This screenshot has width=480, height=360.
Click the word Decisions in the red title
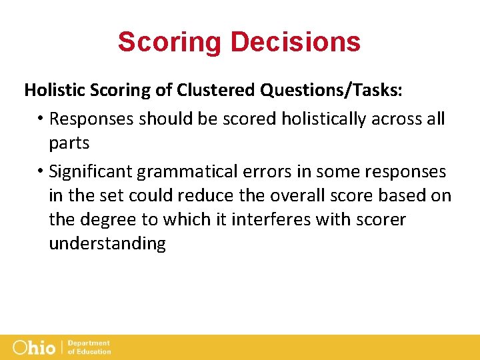pos(295,41)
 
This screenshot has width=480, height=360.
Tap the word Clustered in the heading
pos(204,90)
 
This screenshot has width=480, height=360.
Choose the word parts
pos(69,143)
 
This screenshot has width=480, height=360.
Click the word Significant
pos(91,172)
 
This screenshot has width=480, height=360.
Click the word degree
pos(104,220)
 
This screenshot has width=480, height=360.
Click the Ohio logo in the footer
pos(34,347)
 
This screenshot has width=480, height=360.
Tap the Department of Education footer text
pos(89,347)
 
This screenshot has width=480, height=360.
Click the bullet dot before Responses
pos(41,119)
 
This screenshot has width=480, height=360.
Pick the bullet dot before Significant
pos(41,172)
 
